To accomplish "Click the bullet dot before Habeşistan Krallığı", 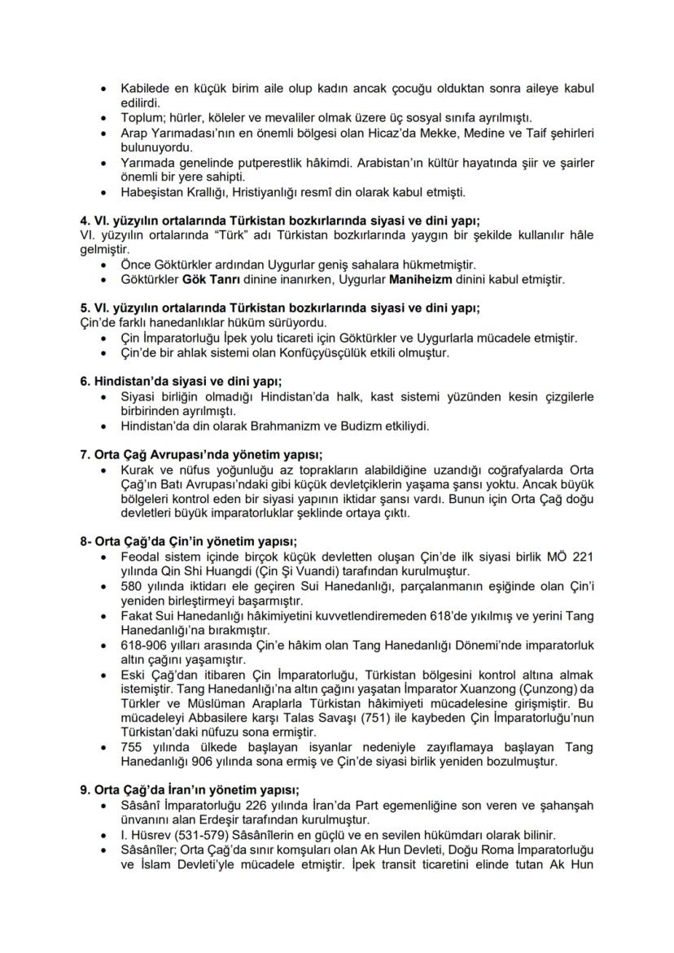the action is [102, 193].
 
